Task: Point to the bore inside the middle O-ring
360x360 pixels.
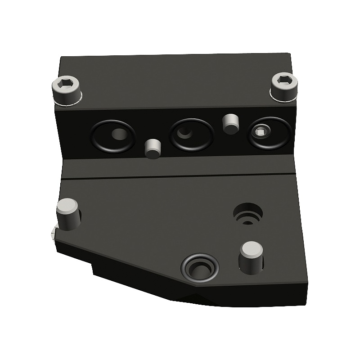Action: [184, 132]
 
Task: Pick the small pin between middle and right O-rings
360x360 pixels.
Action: [230, 124]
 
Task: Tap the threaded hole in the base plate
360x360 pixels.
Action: [247, 214]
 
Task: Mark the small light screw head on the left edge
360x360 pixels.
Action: [54, 233]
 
